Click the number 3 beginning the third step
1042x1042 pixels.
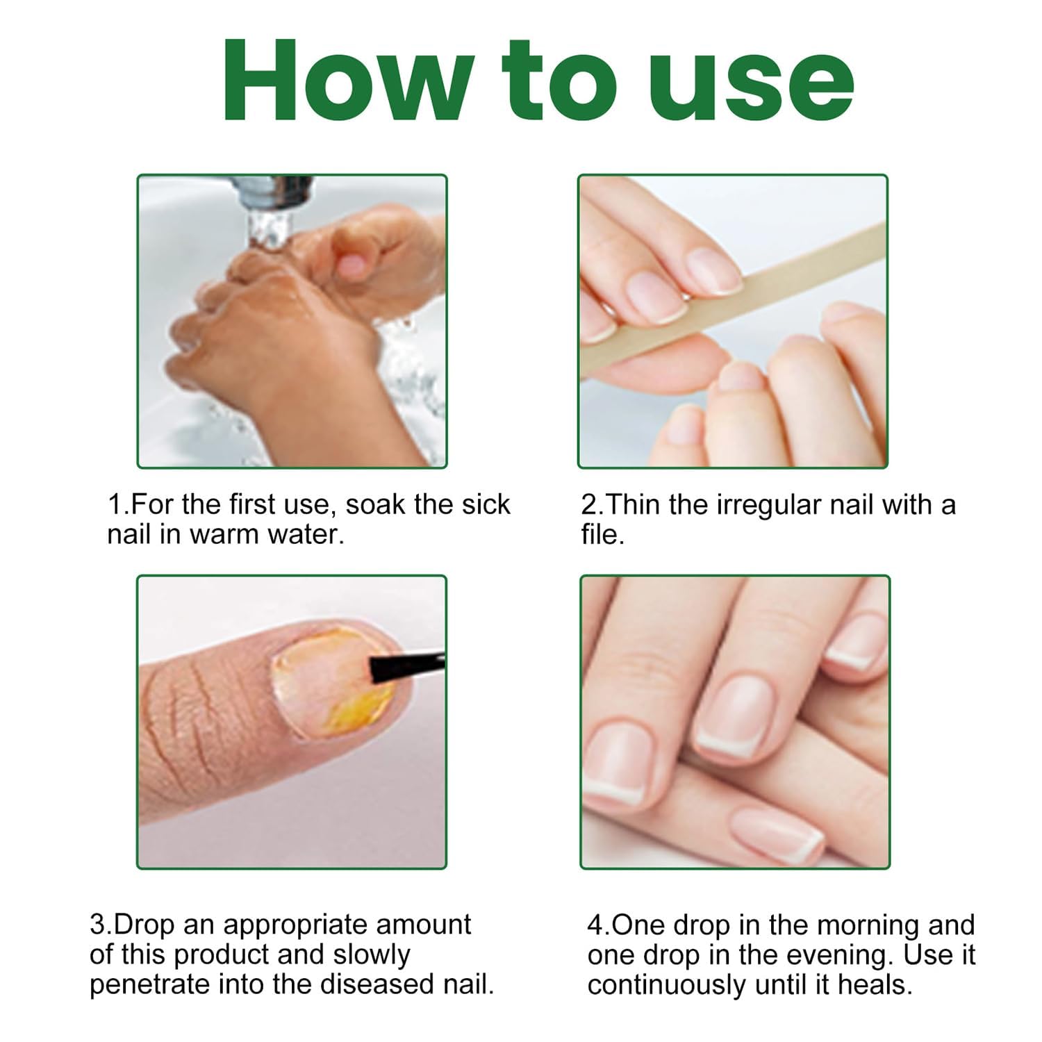click(97, 925)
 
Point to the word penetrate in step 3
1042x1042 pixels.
click(150, 985)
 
